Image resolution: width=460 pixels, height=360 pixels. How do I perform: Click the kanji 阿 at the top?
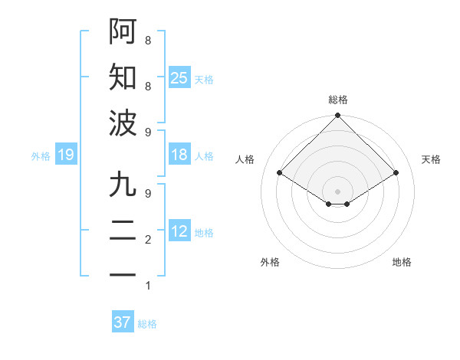[123, 31]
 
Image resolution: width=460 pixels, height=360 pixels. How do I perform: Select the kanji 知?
[123, 77]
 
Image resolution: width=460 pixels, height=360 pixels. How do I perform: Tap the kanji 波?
[123, 123]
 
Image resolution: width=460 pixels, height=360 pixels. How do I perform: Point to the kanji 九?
[123, 185]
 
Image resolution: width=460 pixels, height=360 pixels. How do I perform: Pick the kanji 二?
[123, 231]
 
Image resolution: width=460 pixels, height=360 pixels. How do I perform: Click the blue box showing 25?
[179, 78]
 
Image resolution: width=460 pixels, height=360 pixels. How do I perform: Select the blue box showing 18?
[179, 155]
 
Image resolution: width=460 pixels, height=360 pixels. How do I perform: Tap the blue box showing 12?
[179, 232]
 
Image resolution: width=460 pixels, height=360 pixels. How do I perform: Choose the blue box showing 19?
[66, 155]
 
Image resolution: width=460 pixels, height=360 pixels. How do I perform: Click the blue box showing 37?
[123, 322]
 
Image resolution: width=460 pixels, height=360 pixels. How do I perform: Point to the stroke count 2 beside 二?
[147, 240]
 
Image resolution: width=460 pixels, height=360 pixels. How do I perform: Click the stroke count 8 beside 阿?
[147, 40]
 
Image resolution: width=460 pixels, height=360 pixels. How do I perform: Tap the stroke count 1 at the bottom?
[147, 286]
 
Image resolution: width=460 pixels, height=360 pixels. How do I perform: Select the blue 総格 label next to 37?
[147, 324]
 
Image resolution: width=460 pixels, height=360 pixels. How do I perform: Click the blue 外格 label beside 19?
[41, 156]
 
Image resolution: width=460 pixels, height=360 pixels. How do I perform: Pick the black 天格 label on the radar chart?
[431, 159]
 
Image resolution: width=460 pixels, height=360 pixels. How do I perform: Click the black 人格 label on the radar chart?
[245, 159]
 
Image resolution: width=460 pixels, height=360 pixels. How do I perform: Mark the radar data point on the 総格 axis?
[337, 116]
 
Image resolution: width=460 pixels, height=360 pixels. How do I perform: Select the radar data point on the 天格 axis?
[396, 173]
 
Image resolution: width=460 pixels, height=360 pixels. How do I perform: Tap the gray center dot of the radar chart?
[337, 190]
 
